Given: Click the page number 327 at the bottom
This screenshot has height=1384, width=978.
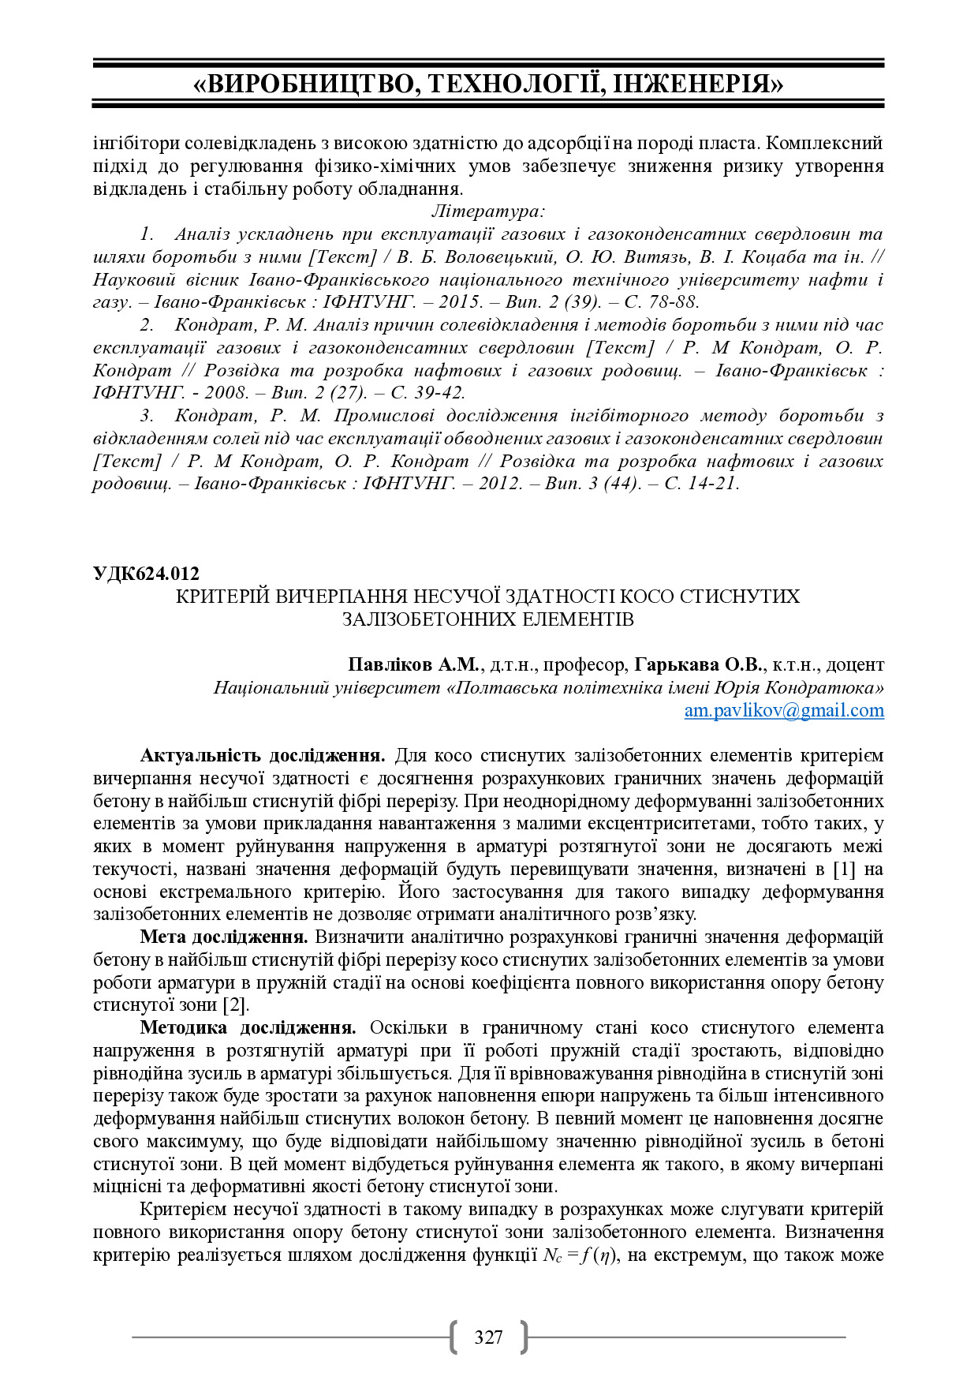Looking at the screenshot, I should coord(488,1337).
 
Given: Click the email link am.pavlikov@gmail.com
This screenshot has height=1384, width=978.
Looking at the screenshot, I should coord(783,710).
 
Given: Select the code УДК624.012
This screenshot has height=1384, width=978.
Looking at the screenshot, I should coord(146,574).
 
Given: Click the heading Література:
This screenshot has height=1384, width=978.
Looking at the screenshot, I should coord(488,211).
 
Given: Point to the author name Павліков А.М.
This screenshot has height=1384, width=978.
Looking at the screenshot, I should coord(412,664).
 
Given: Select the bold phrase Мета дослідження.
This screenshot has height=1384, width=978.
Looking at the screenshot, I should coord(224,937).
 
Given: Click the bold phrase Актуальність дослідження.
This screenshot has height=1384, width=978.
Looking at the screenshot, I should coord(263,756).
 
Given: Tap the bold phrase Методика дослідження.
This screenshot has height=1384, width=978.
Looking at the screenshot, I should coord(248,1028).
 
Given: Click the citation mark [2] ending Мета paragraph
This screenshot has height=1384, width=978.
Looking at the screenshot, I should coord(235,1005).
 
